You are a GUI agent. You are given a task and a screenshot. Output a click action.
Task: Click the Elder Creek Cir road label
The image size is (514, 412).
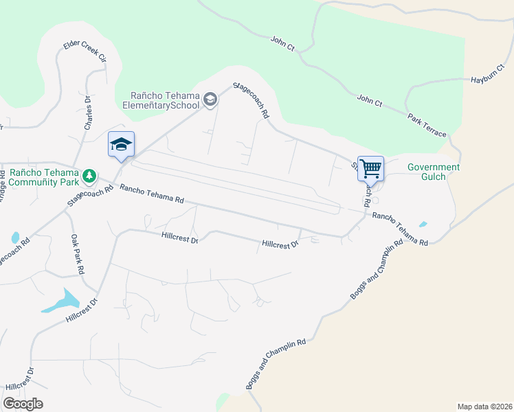85,52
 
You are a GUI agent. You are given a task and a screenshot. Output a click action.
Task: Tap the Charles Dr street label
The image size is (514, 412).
88,112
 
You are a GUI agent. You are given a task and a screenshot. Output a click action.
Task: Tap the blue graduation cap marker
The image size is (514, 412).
121,144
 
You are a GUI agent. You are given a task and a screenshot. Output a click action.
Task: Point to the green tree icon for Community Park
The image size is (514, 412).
89,176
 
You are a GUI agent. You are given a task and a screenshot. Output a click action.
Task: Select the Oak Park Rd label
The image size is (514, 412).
76,253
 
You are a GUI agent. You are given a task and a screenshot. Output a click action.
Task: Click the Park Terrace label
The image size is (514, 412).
426,124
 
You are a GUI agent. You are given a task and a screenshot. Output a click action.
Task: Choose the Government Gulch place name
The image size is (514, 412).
433,172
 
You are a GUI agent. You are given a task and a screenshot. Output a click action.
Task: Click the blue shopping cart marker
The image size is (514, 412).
370,168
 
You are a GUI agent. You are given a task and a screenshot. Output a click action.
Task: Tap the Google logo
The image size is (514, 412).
23,404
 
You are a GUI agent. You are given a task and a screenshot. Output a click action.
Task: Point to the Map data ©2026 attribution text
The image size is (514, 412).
484,406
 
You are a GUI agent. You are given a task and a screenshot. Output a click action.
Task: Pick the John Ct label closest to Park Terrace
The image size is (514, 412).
369,102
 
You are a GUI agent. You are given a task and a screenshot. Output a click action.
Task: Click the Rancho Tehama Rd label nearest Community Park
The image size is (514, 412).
151,194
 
